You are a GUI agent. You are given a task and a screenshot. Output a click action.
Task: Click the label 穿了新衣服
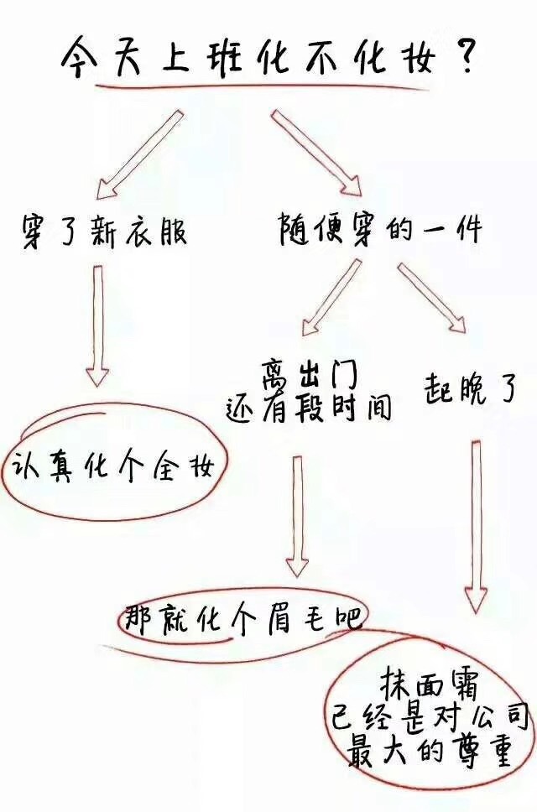pyautogui.click(x=104, y=231)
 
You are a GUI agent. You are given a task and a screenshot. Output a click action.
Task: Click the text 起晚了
pyautogui.click(x=469, y=389)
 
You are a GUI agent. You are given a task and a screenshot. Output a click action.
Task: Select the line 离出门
pyautogui.click(x=310, y=377)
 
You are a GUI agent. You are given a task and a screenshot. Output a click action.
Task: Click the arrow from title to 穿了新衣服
pyautogui.click(x=139, y=154)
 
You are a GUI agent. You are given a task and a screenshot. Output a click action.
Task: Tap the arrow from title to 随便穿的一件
pyautogui.click(x=315, y=154)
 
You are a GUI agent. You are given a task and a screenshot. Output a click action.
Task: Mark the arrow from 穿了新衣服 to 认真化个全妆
pyautogui.click(x=97, y=326)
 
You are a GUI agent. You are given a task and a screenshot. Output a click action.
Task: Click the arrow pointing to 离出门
pyautogui.click(x=331, y=297)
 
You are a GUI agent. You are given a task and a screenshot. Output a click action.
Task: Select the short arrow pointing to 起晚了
pyautogui.click(x=432, y=299)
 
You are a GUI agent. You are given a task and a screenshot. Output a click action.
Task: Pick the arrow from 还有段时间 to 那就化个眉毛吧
pyautogui.click(x=297, y=516)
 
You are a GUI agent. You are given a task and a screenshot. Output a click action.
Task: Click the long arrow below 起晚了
pyautogui.click(x=476, y=527)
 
